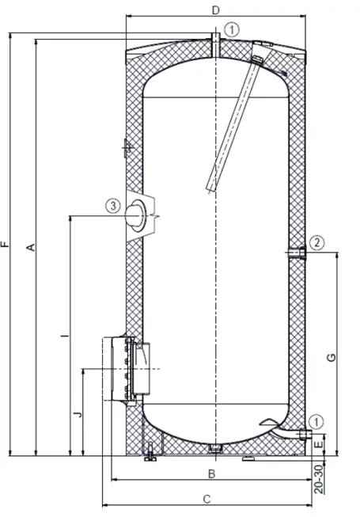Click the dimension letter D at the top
(x=215, y=10)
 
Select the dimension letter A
(x=31, y=248)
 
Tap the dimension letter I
(x=63, y=336)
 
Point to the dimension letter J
(x=76, y=414)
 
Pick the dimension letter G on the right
(x=332, y=357)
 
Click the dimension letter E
(x=319, y=446)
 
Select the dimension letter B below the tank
(x=211, y=474)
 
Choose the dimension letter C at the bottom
(x=207, y=499)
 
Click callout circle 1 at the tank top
(x=230, y=28)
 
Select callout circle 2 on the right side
(x=315, y=241)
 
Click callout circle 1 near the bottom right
(x=316, y=420)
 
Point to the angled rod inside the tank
(x=231, y=127)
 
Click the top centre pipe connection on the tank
(x=215, y=44)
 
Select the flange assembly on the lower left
(x=124, y=368)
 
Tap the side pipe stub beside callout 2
(x=297, y=253)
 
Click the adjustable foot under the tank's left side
(x=150, y=454)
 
